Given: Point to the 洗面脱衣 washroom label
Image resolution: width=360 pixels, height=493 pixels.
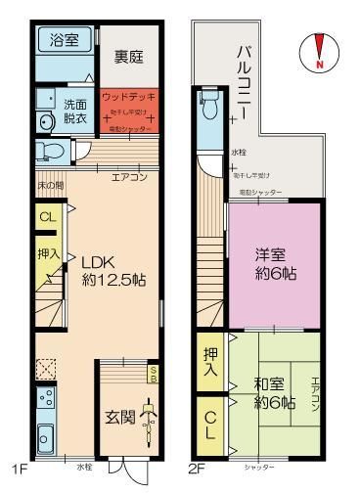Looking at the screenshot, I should click(76, 110).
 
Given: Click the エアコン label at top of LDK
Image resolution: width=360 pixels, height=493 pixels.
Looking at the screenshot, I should click(128, 177).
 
